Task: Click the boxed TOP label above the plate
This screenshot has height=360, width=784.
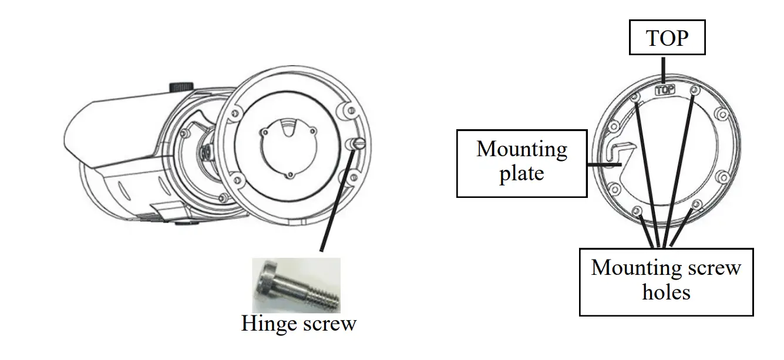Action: click(667, 39)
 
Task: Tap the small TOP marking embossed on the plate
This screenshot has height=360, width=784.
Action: click(664, 90)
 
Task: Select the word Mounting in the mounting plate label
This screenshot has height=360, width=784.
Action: click(521, 150)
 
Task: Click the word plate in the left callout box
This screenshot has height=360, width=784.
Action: click(521, 174)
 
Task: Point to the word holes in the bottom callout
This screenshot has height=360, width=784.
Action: click(666, 292)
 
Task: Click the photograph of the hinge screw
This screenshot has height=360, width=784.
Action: click(295, 285)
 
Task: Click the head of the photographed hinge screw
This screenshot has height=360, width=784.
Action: click(264, 283)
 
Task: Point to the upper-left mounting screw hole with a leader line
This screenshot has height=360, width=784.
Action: click(636, 97)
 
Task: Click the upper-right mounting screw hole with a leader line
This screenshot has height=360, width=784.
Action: click(695, 91)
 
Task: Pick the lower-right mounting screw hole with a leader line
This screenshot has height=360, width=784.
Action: click(696, 205)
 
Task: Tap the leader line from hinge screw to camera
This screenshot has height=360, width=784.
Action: click(337, 200)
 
